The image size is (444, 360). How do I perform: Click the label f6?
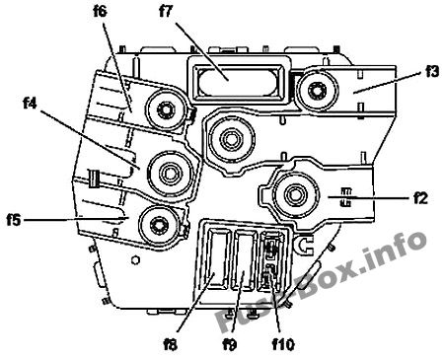tap(101, 12)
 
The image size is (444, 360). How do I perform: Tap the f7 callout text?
tap(166, 12)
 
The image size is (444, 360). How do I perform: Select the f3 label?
tap(432, 71)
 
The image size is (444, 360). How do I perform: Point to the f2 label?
tap(420, 198)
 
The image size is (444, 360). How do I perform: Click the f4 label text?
tap(30, 104)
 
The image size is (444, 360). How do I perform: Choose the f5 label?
tap(14, 220)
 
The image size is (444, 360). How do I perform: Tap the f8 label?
tap(171, 344)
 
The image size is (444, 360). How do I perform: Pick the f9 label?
tap(230, 344)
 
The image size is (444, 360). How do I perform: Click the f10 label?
tap(283, 344)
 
